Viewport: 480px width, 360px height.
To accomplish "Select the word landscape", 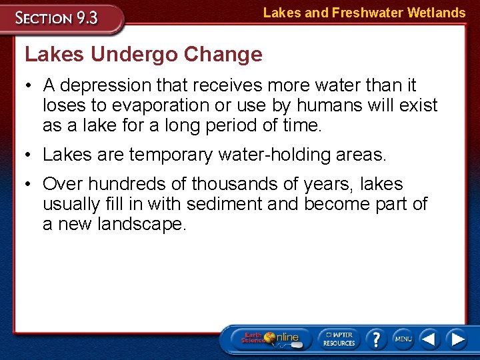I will point(142,224).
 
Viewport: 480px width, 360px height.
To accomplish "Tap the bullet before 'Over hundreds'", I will point(31,184).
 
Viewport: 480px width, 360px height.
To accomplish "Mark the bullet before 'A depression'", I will point(31,85).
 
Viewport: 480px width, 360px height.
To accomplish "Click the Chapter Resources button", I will point(339,339).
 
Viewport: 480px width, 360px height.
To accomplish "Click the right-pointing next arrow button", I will point(457,339).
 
